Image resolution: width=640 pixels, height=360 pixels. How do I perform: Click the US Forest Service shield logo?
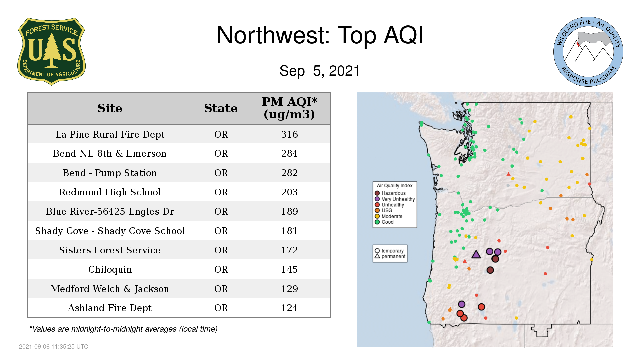point(51,51)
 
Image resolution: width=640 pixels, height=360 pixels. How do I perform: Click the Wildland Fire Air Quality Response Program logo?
point(588,52)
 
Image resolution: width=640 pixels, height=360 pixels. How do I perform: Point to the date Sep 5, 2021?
point(320,71)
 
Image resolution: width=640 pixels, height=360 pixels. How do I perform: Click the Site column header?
point(110,108)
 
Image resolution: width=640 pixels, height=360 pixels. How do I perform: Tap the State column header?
point(221,108)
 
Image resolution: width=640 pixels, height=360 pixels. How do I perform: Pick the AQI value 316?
point(289,134)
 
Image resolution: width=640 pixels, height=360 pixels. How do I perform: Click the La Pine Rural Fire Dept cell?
point(110,134)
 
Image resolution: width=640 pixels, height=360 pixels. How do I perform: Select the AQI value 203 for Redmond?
point(289,192)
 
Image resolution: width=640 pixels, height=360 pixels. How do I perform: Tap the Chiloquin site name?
point(110,269)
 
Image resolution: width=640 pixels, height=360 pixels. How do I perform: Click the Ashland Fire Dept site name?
point(110,308)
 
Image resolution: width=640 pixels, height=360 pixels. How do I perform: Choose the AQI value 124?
point(289,308)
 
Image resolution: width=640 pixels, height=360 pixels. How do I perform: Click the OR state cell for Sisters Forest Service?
point(221,250)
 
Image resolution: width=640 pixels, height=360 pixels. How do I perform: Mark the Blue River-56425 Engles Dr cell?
point(110,211)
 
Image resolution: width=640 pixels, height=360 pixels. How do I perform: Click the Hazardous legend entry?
point(390,193)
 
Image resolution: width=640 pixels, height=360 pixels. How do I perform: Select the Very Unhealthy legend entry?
point(395,199)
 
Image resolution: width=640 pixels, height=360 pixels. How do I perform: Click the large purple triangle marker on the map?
point(476,254)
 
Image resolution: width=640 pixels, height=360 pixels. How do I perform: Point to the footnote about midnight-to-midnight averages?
point(123,329)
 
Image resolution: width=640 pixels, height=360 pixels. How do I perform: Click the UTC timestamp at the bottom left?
point(54,347)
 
